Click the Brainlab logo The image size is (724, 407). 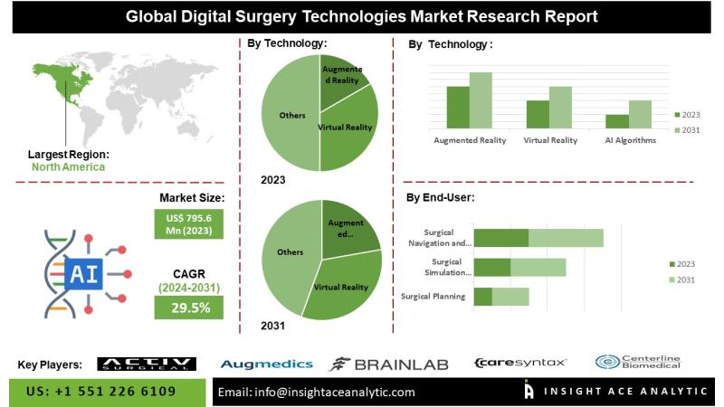388,364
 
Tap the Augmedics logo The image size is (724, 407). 266,364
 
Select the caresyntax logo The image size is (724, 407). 520,363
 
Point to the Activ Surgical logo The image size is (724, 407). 146,364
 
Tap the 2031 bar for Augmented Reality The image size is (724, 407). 481,99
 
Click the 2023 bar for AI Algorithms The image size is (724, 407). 617,120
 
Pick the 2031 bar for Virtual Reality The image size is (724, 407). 560,107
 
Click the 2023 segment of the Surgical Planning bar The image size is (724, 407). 483,297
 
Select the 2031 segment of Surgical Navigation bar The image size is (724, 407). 566,238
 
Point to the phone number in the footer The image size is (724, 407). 100,392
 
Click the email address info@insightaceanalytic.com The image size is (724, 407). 317,392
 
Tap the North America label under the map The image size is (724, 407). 68,166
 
